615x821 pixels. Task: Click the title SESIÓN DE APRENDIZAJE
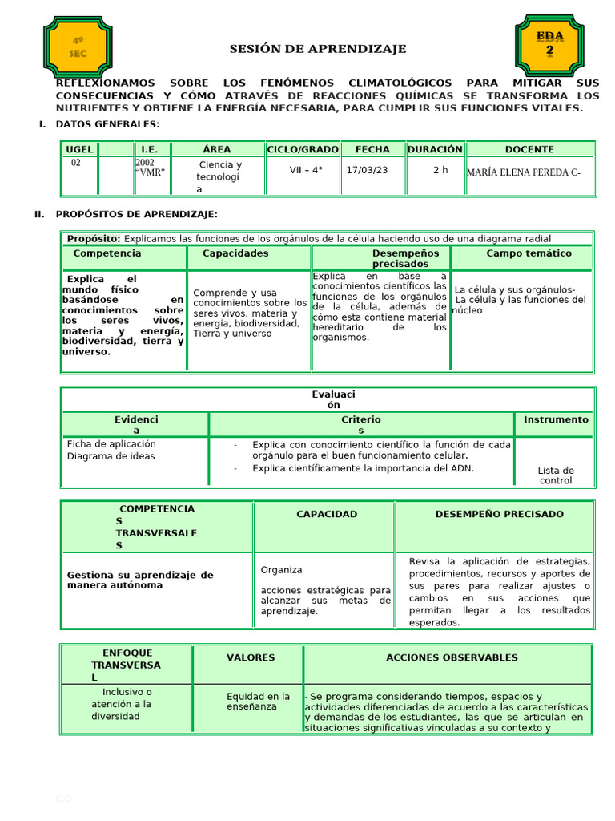coord(318,49)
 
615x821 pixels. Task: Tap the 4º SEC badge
coord(78,47)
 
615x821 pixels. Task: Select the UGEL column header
coord(79,149)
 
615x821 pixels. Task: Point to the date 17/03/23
coord(367,170)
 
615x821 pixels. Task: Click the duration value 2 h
coord(440,170)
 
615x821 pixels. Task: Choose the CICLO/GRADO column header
coord(303,149)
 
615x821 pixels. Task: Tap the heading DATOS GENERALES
coord(107,124)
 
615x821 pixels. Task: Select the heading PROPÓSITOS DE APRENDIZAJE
coord(136,214)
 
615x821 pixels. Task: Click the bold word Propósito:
coord(94,239)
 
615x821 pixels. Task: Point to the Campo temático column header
coord(529,253)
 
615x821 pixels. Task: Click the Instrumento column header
coord(556,419)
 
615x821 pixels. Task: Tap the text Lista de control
coord(556,475)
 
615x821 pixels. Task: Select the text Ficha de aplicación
coord(111,444)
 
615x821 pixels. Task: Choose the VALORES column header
coord(250,657)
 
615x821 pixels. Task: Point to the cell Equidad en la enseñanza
coord(258,702)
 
